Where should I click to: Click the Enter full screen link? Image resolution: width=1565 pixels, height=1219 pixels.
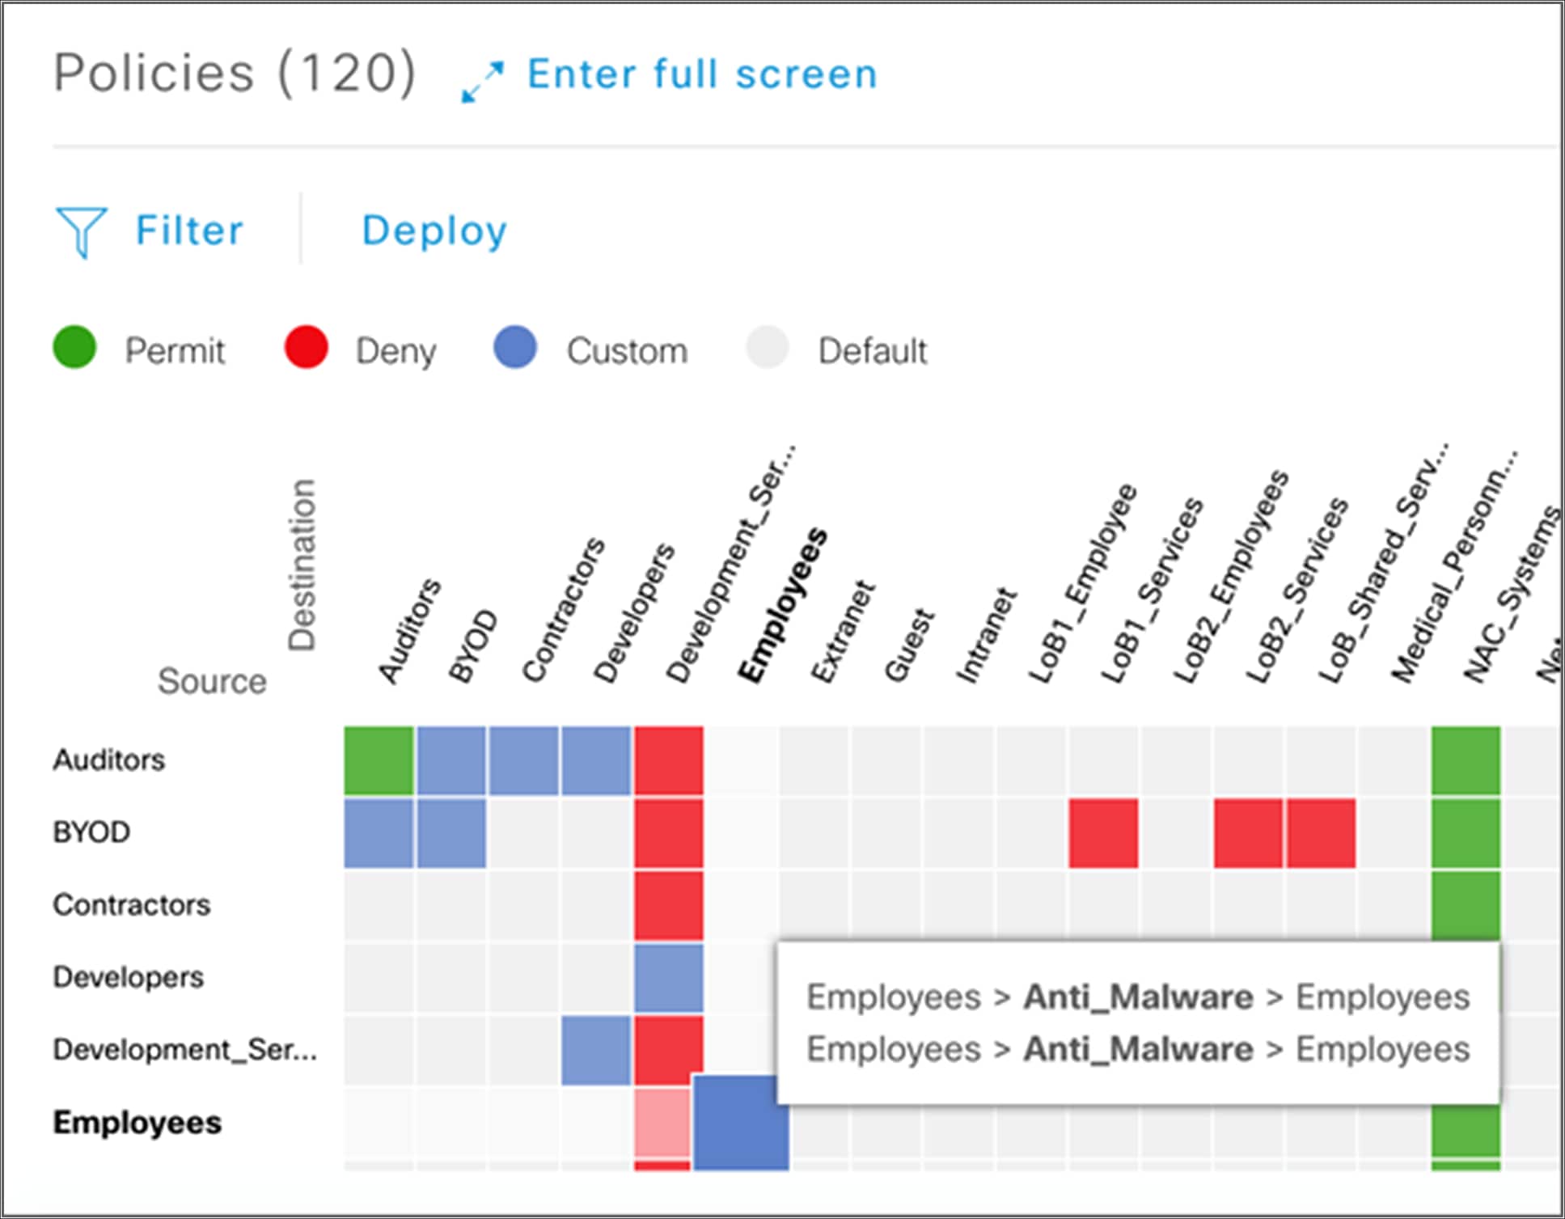700,74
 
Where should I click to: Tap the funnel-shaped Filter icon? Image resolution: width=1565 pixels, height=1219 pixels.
80,231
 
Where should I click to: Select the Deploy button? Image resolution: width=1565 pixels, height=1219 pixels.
434,231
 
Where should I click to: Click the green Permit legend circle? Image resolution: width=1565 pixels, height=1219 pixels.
74,348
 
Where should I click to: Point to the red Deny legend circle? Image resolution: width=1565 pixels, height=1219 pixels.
306,348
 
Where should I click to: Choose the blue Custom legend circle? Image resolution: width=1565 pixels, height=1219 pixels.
515,348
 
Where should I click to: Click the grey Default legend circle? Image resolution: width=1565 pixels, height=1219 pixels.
766,348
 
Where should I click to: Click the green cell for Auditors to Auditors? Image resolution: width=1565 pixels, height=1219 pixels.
379,760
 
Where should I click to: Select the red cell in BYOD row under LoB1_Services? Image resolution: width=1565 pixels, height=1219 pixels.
1103,833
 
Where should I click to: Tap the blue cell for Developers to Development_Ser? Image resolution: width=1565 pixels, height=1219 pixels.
668,978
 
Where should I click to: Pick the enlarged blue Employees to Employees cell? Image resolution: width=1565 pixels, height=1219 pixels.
739,1123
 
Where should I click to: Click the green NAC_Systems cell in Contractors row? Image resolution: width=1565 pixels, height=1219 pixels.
1466,904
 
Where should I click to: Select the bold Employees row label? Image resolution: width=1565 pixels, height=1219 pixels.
137,1123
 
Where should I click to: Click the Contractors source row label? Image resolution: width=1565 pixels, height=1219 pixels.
131,905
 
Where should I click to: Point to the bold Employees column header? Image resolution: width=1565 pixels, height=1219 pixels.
783,607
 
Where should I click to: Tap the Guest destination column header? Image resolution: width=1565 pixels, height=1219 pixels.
910,645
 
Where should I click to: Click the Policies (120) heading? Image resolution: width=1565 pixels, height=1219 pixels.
235,73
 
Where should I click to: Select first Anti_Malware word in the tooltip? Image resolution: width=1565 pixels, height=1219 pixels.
1138,997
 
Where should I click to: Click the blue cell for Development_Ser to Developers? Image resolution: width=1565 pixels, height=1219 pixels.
596,1050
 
